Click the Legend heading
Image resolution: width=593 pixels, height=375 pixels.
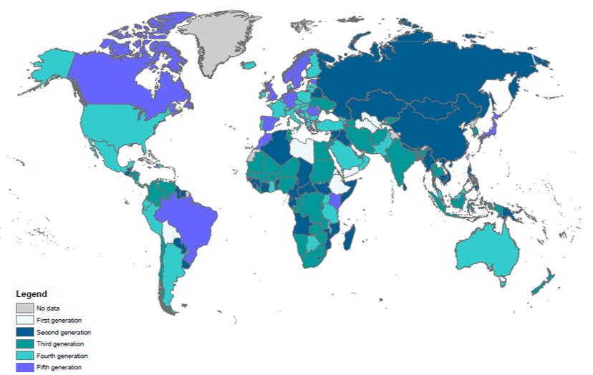point(32,294)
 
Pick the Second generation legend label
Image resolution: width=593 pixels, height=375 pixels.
point(63,332)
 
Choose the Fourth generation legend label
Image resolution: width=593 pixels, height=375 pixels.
point(62,356)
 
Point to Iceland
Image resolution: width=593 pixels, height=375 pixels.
point(249,65)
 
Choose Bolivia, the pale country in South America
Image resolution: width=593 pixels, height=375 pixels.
point(170,233)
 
